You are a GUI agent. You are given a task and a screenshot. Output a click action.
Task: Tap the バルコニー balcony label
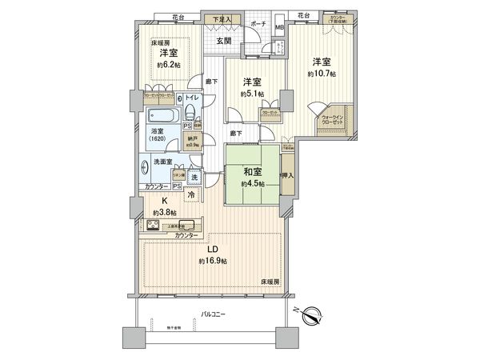pyautogui.click(x=212, y=314)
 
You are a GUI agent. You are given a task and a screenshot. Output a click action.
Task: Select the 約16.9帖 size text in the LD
pyautogui.click(x=214, y=261)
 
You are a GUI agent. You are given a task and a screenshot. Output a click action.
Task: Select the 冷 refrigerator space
pyautogui.click(x=192, y=194)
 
